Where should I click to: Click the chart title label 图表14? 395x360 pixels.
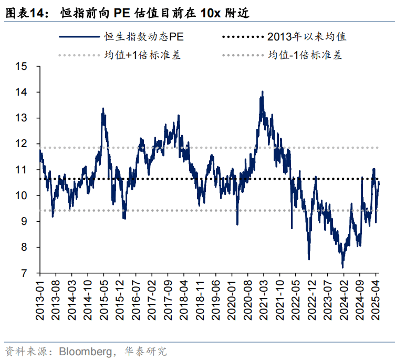[x=24, y=14]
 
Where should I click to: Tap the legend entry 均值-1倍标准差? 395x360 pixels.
[x=305, y=55]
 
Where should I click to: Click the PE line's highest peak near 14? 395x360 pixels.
[x=262, y=92]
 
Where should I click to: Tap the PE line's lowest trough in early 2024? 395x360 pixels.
[x=342, y=267]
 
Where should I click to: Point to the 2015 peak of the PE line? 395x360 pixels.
[x=103, y=109]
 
